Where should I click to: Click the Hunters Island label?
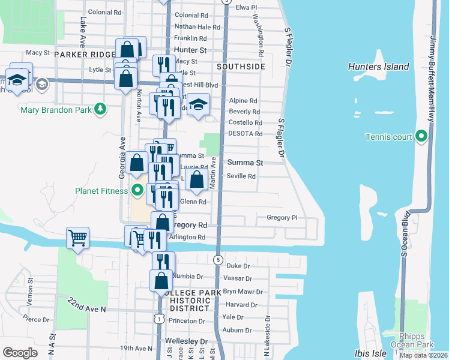click(x=378, y=67)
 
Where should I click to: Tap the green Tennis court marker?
click(x=420, y=137)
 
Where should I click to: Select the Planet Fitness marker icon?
click(x=137, y=191)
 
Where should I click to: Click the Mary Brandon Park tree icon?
click(x=102, y=109)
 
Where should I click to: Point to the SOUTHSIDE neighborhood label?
click(x=241, y=67)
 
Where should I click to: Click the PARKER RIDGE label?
click(x=84, y=54)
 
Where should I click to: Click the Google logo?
click(x=20, y=353)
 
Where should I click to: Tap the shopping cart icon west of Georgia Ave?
click(x=78, y=238)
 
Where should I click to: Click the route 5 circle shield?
click(x=218, y=260)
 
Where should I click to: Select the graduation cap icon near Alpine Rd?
click(x=198, y=105)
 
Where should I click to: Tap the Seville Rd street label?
click(x=241, y=176)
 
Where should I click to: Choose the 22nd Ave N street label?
click(x=86, y=305)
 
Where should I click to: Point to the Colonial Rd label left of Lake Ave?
click(x=104, y=12)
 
